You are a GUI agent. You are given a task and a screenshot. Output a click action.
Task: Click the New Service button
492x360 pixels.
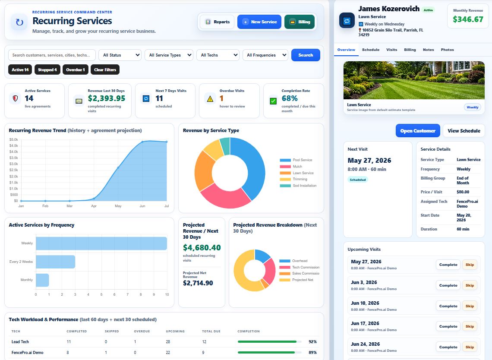coord(259,22)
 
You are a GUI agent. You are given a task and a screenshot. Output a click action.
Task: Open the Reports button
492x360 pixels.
coord(217,22)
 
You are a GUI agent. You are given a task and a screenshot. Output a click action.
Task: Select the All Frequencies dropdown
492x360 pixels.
coord(265,55)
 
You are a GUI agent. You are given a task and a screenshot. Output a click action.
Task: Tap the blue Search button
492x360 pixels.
coord(306,55)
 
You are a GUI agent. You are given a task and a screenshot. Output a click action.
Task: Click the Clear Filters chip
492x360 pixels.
coord(105,69)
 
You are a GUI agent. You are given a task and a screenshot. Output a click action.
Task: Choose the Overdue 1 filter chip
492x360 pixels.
coord(75,69)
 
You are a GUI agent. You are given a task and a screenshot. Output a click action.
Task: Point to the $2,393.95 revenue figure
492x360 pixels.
coord(106,98)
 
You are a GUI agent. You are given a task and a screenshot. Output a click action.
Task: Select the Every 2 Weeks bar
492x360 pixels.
coord(56,262)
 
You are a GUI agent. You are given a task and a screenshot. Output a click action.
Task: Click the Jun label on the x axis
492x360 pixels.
coord(142,206)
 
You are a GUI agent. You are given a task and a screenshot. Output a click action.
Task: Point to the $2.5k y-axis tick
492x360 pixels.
coord(13,170)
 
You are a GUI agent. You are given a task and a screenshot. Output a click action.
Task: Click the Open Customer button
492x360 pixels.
coord(418,131)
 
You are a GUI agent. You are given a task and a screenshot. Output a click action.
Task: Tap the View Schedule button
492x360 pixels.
coord(464,131)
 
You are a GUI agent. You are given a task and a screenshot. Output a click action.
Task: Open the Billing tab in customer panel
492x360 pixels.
coord(410,50)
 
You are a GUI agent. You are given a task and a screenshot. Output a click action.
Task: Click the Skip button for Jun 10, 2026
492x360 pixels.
coord(470,306)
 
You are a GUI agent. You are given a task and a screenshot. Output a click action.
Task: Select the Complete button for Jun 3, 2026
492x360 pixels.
coord(448,285)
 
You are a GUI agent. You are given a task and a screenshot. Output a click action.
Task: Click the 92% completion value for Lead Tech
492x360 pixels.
coord(312,342)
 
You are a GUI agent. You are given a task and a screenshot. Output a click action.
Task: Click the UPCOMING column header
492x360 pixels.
coord(175,331)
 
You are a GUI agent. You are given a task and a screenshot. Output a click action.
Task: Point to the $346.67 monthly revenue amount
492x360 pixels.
coord(468,19)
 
